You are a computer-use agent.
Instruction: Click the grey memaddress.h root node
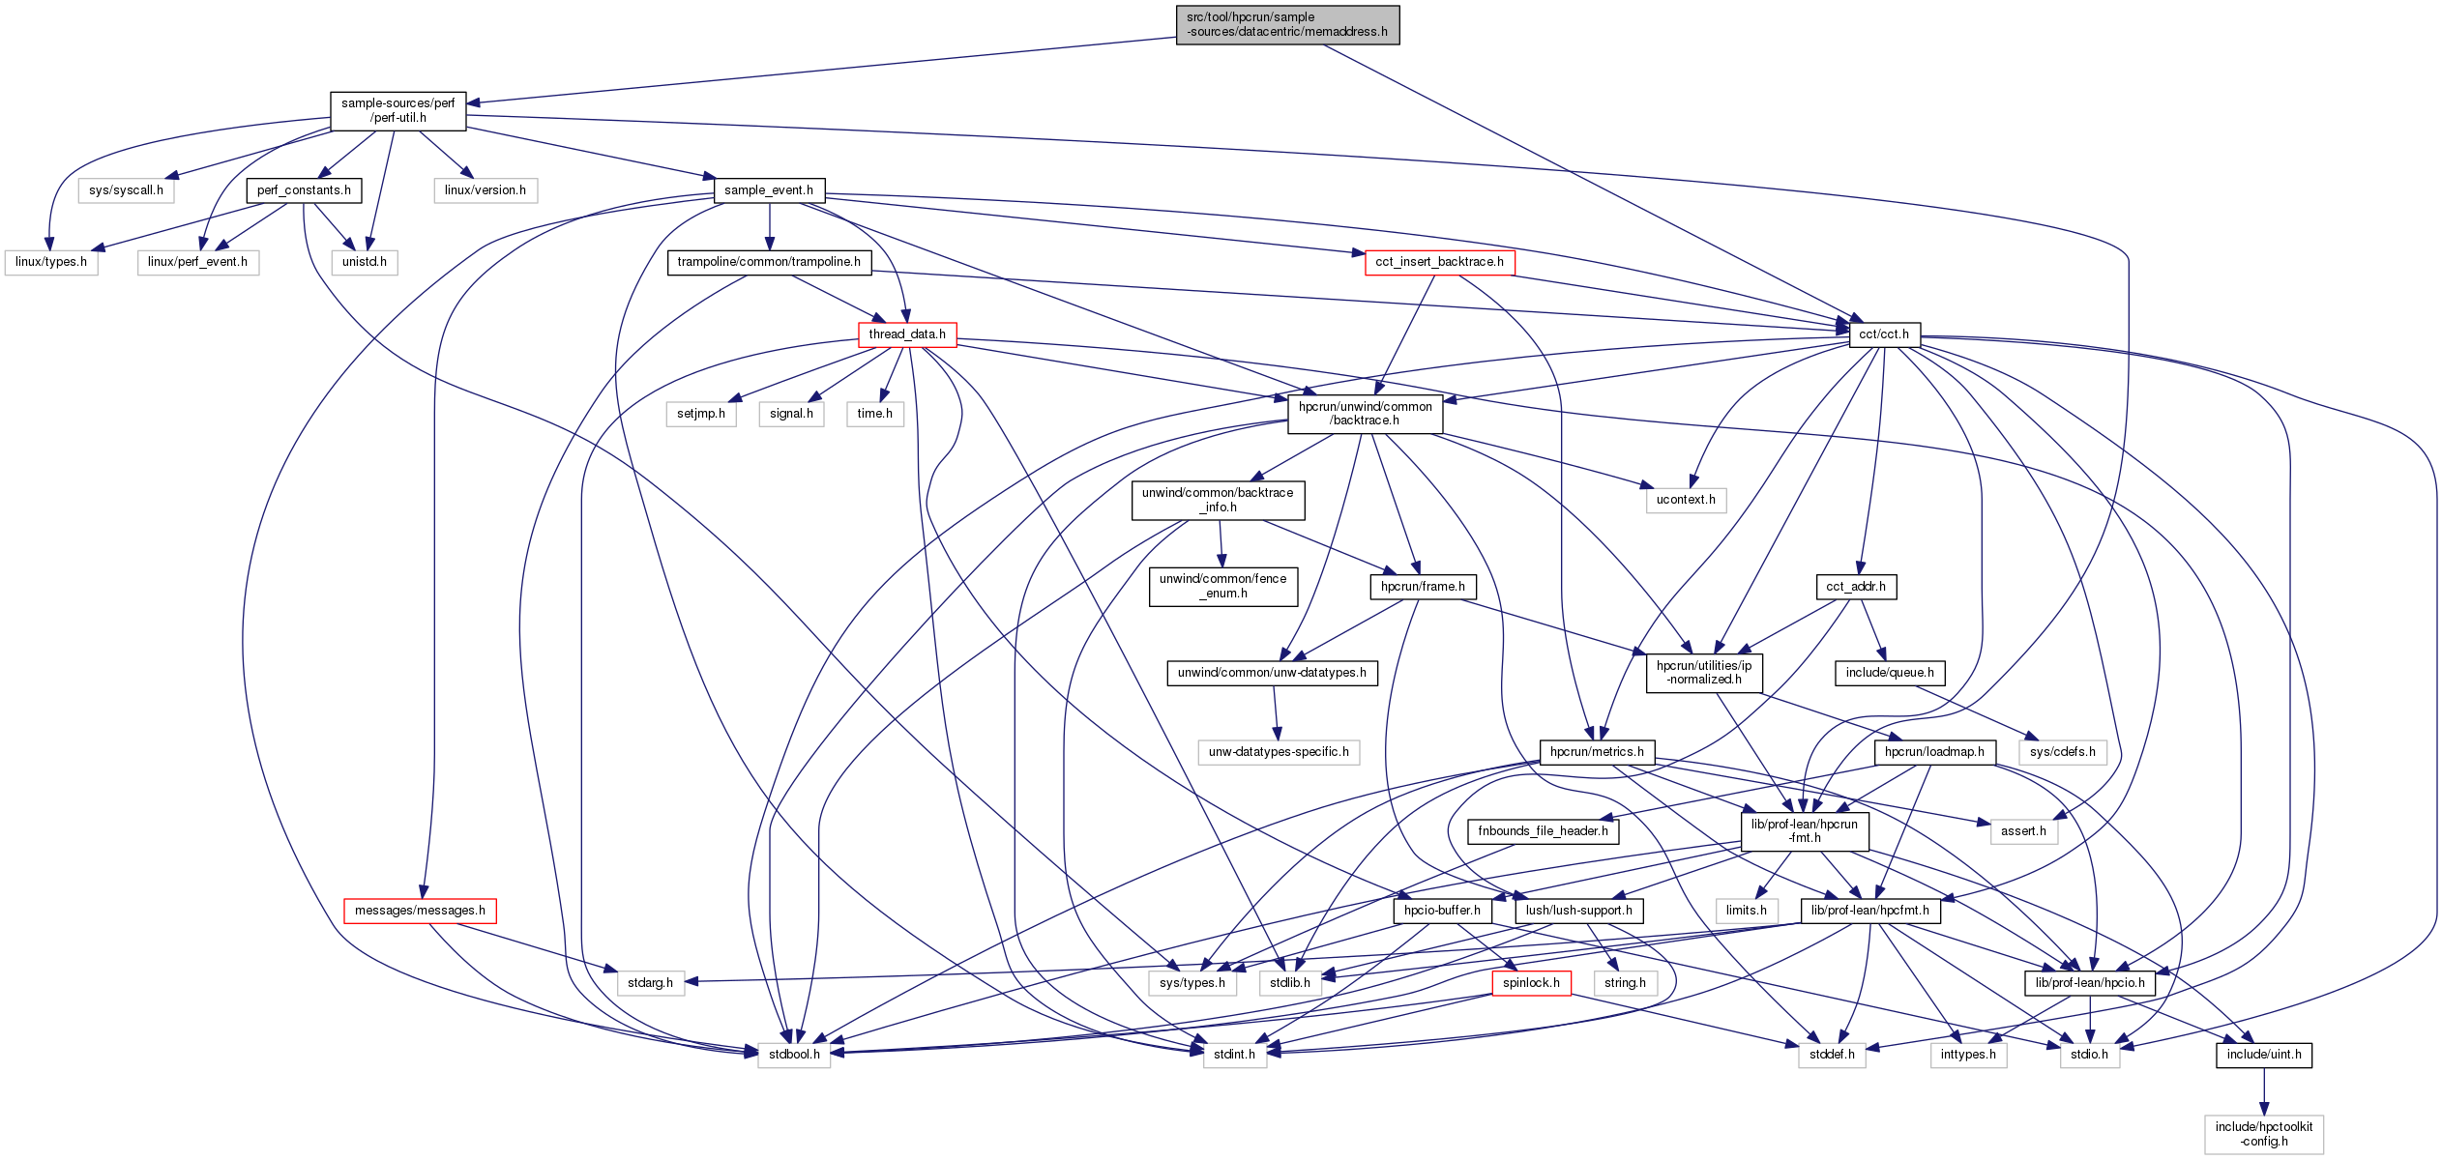click(x=1287, y=25)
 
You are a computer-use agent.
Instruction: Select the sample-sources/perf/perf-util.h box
click(x=397, y=111)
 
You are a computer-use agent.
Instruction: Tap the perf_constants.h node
click(x=304, y=190)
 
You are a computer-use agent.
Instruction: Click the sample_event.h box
click(x=769, y=190)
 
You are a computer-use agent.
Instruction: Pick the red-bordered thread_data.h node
click(x=906, y=334)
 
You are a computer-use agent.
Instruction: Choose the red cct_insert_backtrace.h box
click(x=1439, y=262)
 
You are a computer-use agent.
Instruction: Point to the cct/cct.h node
click(x=1884, y=334)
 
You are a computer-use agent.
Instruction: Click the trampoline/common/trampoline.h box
click(x=769, y=262)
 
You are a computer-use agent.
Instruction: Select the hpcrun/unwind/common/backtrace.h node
click(x=1365, y=414)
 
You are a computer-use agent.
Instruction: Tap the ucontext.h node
click(x=1686, y=500)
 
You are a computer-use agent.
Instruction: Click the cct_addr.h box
click(x=1856, y=587)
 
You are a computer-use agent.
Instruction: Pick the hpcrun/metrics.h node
click(x=1597, y=752)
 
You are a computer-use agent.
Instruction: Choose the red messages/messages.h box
click(x=420, y=911)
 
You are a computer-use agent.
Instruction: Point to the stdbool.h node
click(x=794, y=1055)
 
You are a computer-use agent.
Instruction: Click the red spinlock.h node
click(x=1531, y=983)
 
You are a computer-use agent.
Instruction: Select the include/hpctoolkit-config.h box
click(x=2264, y=1134)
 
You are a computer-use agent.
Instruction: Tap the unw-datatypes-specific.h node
click(x=1279, y=752)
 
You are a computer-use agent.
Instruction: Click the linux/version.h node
click(x=485, y=190)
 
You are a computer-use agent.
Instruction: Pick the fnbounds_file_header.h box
click(x=1543, y=831)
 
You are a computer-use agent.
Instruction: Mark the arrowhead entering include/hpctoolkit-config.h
click(x=2263, y=1109)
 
